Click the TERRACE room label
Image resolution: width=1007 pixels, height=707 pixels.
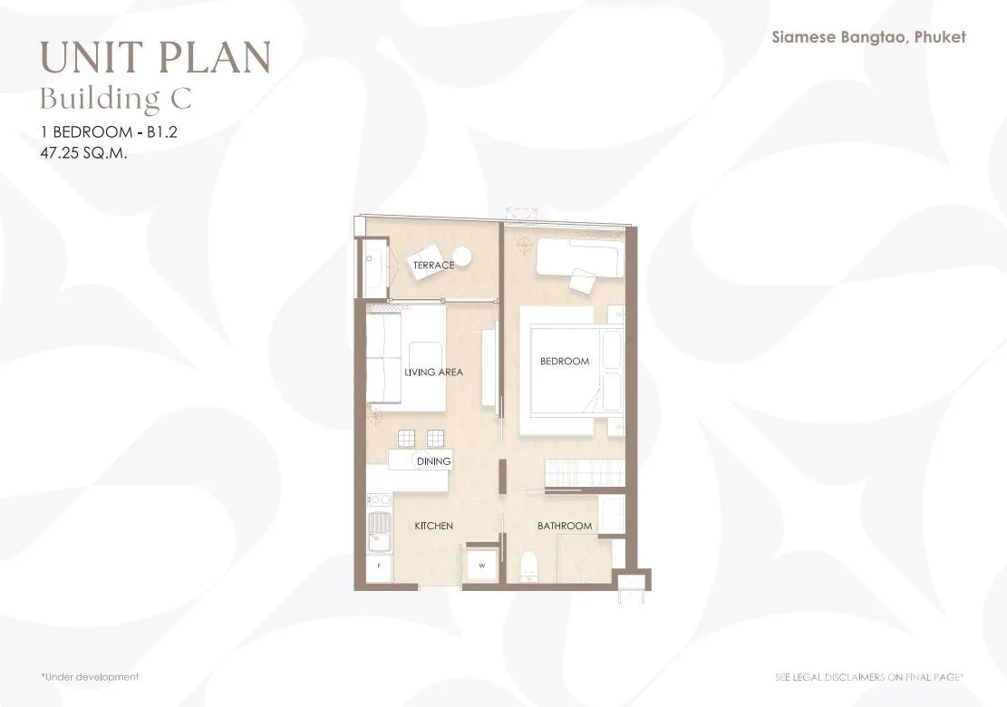433,265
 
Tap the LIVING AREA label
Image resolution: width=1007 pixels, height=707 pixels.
433,372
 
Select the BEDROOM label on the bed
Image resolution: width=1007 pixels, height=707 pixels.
565,362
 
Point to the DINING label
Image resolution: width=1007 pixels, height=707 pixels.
433,461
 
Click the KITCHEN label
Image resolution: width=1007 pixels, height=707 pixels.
433,526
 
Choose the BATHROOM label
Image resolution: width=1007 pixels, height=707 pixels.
565,526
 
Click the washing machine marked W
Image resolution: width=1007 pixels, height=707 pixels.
481,566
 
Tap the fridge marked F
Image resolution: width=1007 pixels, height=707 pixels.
379,566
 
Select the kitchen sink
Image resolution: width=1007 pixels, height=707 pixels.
380,532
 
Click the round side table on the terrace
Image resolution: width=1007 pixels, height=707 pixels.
461,257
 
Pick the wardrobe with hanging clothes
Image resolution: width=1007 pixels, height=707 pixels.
585,473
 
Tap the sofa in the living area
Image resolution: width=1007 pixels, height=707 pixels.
383,358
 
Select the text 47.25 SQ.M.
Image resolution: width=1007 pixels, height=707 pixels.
83,153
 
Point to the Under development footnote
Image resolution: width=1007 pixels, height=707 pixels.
89,677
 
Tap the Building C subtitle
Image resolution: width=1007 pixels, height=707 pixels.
116,99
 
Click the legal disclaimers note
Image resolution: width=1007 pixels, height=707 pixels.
869,677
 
